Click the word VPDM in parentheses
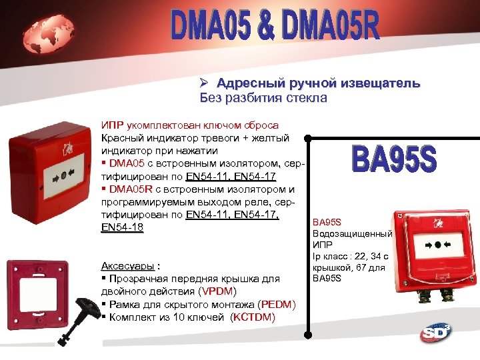point(217,292)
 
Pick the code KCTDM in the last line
point(251,317)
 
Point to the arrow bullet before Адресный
point(206,85)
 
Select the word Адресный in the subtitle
point(251,85)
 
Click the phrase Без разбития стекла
point(263,99)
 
